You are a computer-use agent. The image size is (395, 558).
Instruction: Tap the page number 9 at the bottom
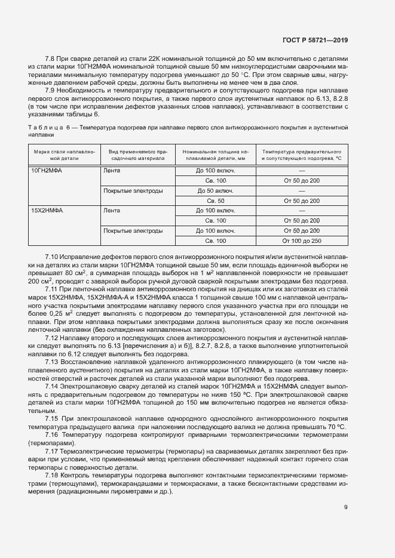345,507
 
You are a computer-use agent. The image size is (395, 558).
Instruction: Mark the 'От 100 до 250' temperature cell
302,241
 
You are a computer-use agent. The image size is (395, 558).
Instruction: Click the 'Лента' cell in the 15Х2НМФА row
112,211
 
